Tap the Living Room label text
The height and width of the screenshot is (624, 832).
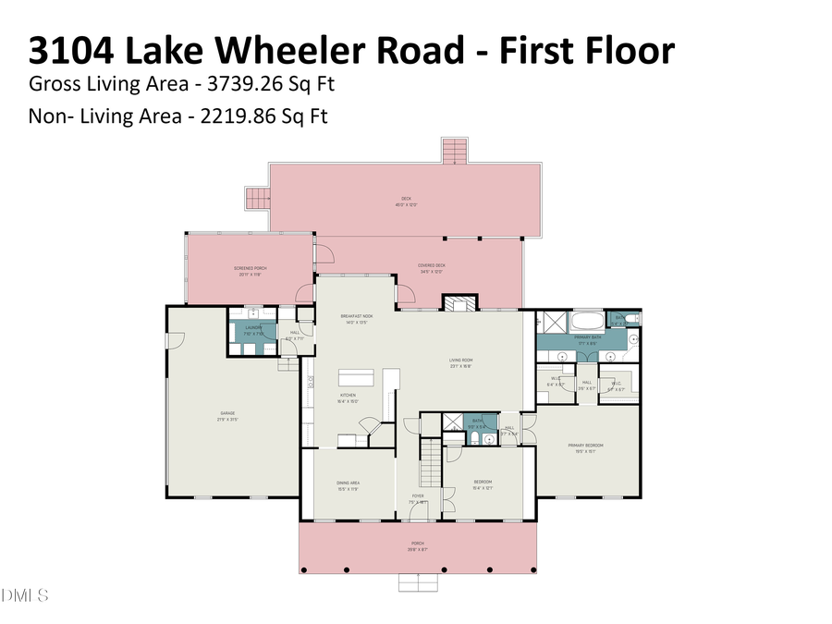(x=461, y=363)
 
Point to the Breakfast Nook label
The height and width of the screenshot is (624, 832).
(x=357, y=319)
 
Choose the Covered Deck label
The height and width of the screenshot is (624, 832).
(x=432, y=268)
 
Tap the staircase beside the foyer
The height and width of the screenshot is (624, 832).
(x=430, y=462)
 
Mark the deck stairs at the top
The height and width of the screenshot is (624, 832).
(x=454, y=151)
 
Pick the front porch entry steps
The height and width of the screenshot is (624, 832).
(x=418, y=582)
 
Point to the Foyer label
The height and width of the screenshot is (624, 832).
(x=418, y=498)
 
